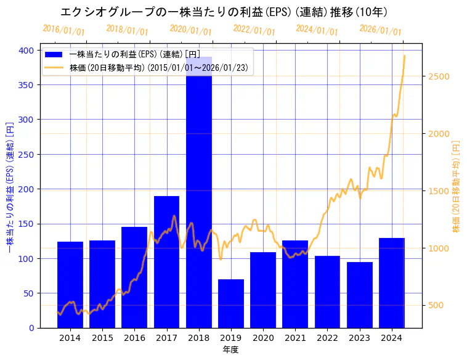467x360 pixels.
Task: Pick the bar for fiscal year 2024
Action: click(392, 283)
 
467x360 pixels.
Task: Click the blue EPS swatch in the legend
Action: click(55, 55)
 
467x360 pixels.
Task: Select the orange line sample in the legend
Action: click(55, 68)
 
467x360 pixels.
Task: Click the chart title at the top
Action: click(224, 12)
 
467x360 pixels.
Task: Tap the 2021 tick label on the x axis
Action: click(295, 338)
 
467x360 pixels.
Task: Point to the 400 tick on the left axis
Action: click(26, 50)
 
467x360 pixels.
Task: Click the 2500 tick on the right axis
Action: click(440, 76)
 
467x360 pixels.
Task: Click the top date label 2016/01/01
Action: click(64, 30)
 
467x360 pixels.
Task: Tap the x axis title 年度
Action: click(230, 350)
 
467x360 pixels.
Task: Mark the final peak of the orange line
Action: click(404, 56)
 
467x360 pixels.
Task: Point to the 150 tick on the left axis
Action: click(26, 224)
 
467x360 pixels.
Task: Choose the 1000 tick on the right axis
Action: click(440, 248)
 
